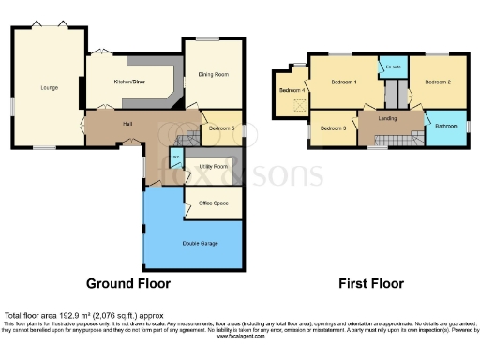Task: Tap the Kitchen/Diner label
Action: pos(131,83)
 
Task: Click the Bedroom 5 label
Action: pos(221,127)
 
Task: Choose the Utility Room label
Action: pos(214,166)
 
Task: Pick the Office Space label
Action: pos(216,202)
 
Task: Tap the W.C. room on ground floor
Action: pos(175,157)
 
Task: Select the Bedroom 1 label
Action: pos(345,82)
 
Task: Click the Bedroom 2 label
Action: pos(438,82)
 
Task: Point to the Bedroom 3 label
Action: pos(333,127)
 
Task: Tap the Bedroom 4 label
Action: pos(291,90)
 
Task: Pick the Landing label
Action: pos(386,119)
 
